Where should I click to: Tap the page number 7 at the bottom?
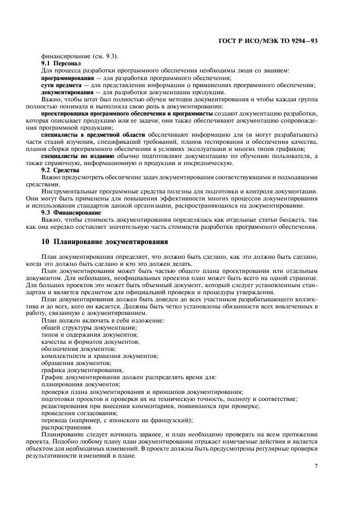pos(316,466)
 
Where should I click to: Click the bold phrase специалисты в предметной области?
pos(93,134)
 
